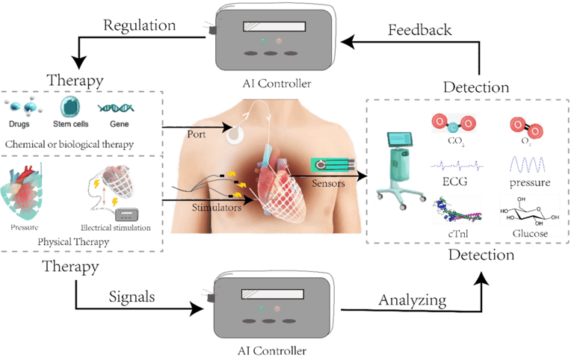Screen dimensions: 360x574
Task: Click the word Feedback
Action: coord(419,31)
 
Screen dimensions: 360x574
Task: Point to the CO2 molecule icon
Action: coord(455,122)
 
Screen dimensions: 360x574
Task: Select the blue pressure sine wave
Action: coord(529,164)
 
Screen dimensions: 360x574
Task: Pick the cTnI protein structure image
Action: coord(457,211)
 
